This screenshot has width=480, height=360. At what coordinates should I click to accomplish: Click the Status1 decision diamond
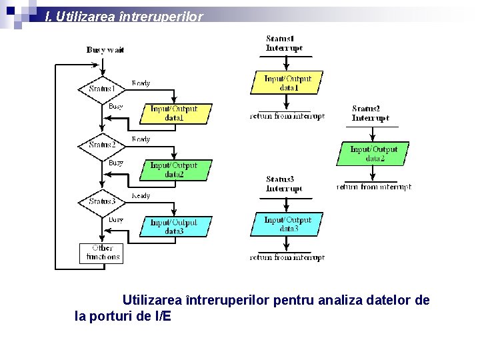click(102, 89)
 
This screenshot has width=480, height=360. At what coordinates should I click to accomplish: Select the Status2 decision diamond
click(102, 145)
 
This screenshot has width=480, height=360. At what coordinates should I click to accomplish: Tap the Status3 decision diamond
click(102, 201)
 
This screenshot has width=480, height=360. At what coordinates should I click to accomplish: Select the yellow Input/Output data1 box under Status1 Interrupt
click(287, 83)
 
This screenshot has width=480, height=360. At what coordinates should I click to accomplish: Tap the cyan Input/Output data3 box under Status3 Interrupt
click(287, 224)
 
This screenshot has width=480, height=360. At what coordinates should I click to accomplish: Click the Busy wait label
click(105, 49)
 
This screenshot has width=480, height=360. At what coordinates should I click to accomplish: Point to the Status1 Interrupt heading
click(284, 43)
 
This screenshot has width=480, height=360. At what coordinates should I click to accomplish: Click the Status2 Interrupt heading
click(370, 113)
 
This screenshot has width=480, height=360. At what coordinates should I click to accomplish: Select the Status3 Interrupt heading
click(284, 184)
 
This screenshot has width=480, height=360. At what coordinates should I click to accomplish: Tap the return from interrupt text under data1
click(287, 116)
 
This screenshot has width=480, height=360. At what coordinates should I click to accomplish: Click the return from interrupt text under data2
click(373, 187)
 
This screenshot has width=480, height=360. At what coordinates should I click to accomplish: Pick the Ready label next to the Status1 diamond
click(141, 83)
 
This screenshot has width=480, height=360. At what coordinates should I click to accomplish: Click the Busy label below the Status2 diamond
click(116, 162)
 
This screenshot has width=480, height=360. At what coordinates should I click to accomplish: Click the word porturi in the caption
click(109, 316)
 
